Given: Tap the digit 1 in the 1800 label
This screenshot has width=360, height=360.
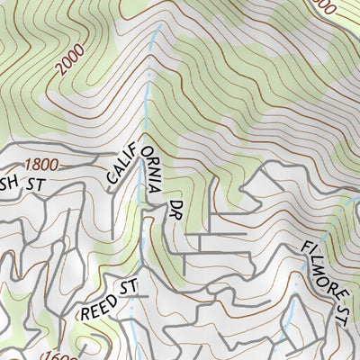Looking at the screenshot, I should pos(30,165).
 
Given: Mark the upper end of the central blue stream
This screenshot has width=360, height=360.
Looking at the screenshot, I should pos(161,27).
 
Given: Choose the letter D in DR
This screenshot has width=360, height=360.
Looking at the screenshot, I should pos(175,205).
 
